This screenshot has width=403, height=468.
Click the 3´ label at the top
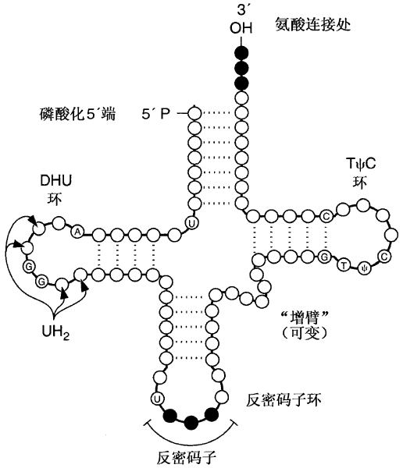click(241, 11)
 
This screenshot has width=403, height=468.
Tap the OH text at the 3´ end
click(241, 28)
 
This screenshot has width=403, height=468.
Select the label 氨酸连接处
click(312, 24)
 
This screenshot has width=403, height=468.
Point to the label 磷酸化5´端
click(78, 113)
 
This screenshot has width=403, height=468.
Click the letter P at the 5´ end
click(166, 113)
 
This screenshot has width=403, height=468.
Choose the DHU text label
click(56, 181)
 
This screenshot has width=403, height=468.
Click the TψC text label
click(361, 164)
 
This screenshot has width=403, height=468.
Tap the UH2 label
click(56, 332)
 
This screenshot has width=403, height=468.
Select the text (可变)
click(305, 333)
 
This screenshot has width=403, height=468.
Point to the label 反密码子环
click(284, 399)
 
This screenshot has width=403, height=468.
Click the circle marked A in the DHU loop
click(77, 232)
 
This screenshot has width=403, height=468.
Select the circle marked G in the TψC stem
click(325, 256)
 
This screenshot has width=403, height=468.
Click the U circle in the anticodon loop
click(158, 399)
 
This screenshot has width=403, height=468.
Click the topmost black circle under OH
click(241, 53)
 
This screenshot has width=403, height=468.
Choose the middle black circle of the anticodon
click(191, 422)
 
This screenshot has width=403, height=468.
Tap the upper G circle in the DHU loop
click(29, 267)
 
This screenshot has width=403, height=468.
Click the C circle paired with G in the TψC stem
click(326, 215)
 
